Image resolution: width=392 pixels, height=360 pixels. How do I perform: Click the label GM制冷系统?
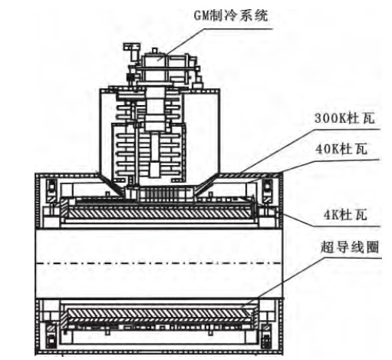click(x=231, y=15)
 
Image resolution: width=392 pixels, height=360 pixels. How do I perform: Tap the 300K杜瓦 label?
click(x=344, y=118)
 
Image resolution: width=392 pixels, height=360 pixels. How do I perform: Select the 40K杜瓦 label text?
click(x=341, y=149)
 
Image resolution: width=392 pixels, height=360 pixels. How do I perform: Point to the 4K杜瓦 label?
click(x=345, y=215)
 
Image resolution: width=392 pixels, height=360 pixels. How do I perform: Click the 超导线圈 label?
click(x=350, y=247)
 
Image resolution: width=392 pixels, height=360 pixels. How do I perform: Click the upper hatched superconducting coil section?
click(x=159, y=213)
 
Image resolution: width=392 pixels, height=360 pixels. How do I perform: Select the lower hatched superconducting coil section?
click(x=159, y=314)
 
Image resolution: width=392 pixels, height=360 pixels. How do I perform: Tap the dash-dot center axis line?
click(x=159, y=263)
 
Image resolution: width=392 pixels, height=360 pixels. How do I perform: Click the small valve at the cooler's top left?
click(x=132, y=51)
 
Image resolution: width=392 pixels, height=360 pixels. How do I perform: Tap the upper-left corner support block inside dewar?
click(x=51, y=191)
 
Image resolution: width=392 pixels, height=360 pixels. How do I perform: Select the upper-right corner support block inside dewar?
click(x=268, y=191)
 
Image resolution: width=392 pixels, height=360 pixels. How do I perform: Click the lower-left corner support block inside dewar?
click(x=51, y=335)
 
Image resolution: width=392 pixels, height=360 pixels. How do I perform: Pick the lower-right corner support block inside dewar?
click(x=266, y=335)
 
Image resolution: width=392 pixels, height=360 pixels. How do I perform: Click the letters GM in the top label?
click(x=201, y=16)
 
